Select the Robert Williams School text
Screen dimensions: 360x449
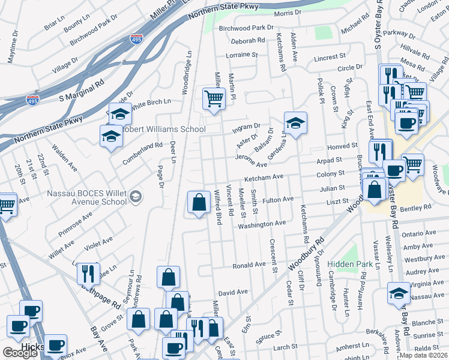click(x=163, y=129)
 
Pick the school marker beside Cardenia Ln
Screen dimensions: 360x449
click(x=295, y=123)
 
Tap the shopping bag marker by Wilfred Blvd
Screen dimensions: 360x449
click(x=199, y=202)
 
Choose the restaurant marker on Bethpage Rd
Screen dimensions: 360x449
click(x=88, y=273)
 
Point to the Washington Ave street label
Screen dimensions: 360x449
click(x=262, y=224)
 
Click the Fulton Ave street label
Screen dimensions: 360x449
click(x=278, y=199)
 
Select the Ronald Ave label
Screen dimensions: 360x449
click(x=249, y=265)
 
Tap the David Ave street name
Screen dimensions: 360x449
click(x=233, y=292)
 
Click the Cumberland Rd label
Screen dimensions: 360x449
click(x=143, y=145)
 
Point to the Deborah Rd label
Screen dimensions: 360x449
click(x=248, y=41)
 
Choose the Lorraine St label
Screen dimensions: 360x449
click(x=241, y=55)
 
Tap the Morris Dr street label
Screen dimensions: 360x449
click(x=287, y=13)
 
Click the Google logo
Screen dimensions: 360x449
click(x=20, y=353)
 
